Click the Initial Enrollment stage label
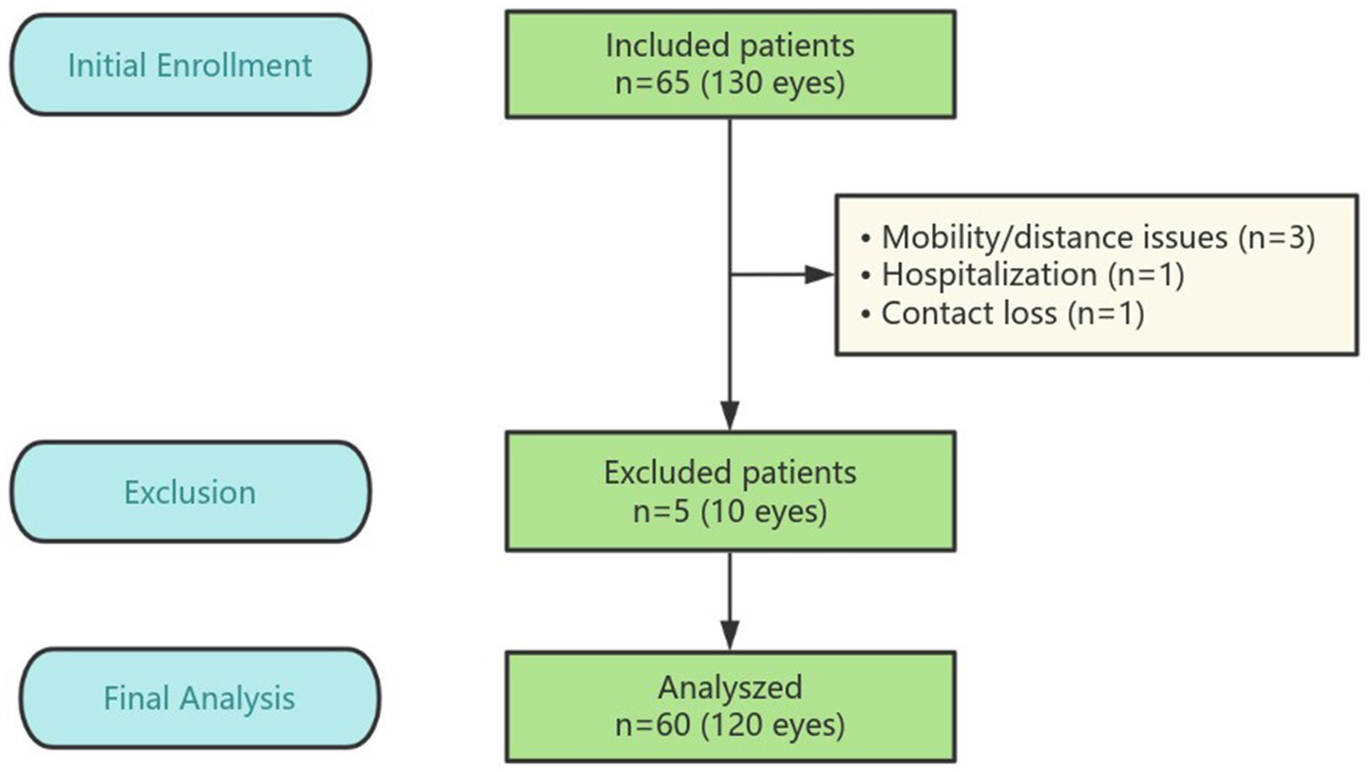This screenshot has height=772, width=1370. tap(190, 65)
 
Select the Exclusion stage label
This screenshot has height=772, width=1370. tap(190, 492)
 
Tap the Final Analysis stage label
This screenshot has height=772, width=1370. tap(199, 698)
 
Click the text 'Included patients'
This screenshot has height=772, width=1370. tap(730, 45)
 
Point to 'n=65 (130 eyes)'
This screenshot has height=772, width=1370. tap(730, 84)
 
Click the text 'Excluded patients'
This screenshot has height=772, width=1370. tap(730, 472)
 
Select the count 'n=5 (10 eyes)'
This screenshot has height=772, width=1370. tap(730, 512)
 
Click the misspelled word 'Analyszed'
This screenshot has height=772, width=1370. tap(730, 687)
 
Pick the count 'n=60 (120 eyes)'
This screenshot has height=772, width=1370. tap(730, 725)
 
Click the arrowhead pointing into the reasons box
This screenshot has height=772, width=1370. tap(818, 275)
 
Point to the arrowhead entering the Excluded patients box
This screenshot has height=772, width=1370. tap(730, 415)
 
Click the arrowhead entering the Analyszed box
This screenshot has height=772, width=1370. tap(730, 635)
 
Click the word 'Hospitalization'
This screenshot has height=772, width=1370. tap(989, 275)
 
